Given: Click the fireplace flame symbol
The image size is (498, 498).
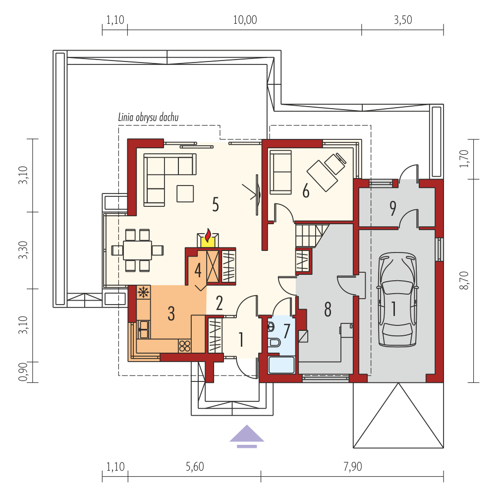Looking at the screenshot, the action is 208,235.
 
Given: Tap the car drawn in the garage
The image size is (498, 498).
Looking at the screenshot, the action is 397,300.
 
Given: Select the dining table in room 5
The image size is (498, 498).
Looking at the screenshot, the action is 138,250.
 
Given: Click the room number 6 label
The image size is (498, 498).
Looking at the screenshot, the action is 306,191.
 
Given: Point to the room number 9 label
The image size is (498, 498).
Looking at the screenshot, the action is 393,209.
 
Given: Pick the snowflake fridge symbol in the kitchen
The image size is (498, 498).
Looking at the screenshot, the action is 143,292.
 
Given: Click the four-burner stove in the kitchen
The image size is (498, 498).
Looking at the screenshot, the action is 185,346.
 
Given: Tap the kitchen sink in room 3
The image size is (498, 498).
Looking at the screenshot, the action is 144,329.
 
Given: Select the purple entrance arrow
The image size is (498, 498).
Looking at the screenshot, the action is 247,436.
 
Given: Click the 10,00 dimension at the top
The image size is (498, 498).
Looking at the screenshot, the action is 245,20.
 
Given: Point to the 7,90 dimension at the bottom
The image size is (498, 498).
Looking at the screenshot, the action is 352,467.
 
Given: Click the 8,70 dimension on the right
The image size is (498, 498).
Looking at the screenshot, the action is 464,280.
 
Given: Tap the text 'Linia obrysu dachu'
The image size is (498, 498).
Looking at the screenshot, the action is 148,118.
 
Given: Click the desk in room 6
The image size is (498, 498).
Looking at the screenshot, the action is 323,176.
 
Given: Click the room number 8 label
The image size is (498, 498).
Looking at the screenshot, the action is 328,309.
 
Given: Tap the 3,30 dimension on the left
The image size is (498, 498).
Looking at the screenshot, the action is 23,250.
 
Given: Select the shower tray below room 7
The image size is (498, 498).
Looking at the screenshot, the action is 282,365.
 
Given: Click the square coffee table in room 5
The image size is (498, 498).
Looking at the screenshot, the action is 185,193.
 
